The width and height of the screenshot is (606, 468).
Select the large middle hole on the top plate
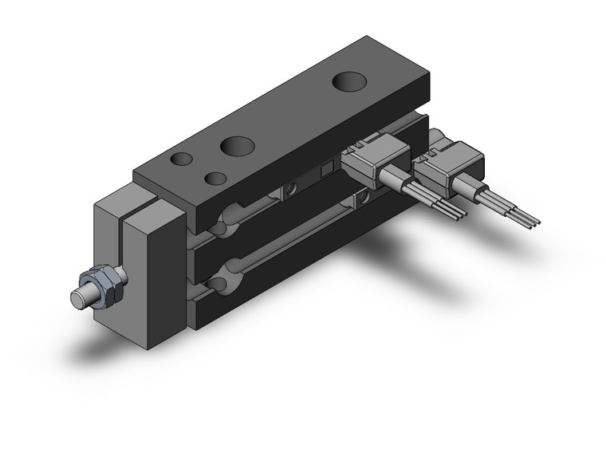pos(237,145)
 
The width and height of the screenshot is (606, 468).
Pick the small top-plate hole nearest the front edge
pos(214,178)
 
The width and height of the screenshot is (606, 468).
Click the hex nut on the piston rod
pos(108,283)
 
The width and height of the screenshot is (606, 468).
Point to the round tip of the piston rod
pos(79,299)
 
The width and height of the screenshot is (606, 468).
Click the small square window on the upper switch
pos(326,171)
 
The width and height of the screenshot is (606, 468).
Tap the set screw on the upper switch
pos(290,189)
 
